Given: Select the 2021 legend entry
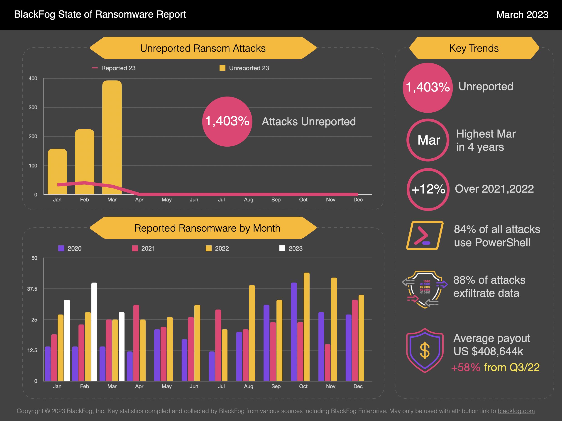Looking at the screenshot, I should [143, 248].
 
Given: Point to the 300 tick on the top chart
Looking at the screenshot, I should [33, 107].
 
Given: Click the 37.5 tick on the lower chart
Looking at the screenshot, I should [32, 289].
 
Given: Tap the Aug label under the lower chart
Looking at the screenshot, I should [249, 386].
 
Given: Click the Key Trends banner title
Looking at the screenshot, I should [474, 48].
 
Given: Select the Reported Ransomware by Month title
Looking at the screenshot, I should [207, 228].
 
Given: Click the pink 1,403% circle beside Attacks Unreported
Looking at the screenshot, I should [227, 121].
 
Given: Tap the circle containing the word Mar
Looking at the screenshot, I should [428, 140].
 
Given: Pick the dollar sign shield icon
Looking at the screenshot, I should [425, 351].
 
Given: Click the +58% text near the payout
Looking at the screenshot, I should [466, 368].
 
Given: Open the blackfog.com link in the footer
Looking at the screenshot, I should [516, 411].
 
